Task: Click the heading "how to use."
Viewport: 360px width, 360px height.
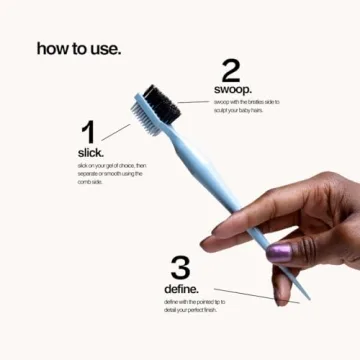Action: point(79,48)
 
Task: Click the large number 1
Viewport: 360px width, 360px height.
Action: point(88,132)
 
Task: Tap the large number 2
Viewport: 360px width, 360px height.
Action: point(231,70)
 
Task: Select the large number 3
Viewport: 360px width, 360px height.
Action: point(180,267)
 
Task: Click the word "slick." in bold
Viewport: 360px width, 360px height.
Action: point(90,152)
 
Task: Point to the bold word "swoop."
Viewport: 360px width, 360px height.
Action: point(232,90)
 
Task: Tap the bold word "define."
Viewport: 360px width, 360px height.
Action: point(182,289)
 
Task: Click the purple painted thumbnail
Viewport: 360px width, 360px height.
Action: point(279,251)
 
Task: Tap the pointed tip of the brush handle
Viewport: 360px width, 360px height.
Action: point(296,297)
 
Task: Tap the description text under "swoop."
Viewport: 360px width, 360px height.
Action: point(245,105)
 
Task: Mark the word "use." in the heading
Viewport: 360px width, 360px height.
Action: point(103,48)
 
